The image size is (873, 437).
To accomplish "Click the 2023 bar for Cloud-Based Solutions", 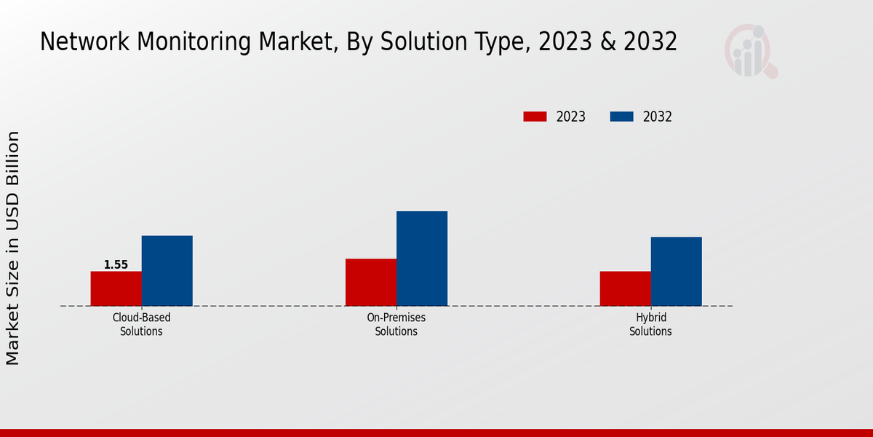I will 116,288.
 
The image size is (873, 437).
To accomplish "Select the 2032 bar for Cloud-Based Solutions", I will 167,270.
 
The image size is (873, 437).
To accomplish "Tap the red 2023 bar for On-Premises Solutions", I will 370,282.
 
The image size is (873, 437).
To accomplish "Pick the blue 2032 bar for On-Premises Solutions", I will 421,259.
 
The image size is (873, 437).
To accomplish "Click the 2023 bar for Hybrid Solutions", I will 625,288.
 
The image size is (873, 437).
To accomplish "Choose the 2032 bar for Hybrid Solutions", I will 676,271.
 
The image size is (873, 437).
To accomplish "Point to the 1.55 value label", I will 116,264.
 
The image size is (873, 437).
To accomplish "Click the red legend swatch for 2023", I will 535,117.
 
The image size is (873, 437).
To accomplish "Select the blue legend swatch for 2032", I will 621,117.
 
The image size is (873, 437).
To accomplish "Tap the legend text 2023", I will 570,117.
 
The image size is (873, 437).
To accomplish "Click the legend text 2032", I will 657,117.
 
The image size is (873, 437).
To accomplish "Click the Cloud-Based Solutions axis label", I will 141,325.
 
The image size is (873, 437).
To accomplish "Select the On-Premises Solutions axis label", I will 396,325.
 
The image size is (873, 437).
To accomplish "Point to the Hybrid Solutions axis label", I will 650,325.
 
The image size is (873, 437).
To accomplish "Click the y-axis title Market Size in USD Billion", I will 13,248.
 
